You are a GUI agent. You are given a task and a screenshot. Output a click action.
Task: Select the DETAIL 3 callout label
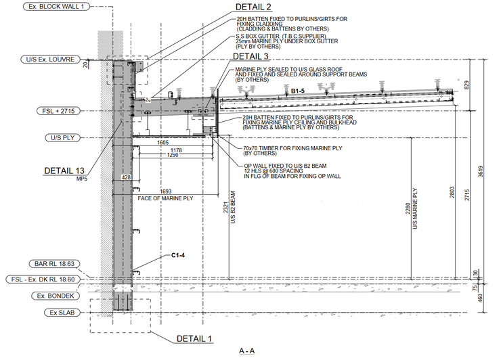click(250, 56)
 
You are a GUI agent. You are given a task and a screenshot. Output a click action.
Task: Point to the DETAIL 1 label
click(194, 338)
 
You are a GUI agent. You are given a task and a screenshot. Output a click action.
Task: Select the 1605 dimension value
click(162, 143)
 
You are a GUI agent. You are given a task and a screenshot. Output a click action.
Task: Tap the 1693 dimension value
click(166, 192)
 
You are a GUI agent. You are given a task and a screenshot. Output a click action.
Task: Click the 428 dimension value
click(125, 177)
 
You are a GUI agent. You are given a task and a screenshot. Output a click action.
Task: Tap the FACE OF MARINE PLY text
click(165, 198)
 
